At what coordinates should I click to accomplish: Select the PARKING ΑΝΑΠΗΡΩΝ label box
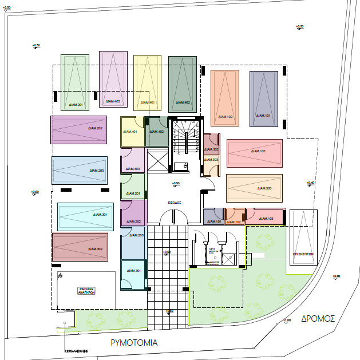tap(86, 290)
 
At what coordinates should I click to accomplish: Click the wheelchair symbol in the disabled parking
tap(60, 275)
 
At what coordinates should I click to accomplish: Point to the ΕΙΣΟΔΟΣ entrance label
tap(175, 202)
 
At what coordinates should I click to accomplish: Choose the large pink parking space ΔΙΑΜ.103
tap(254, 153)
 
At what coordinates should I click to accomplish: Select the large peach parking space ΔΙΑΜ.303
tap(254, 188)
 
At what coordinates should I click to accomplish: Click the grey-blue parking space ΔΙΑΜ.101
tap(263, 98)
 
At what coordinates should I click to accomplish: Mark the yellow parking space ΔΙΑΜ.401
tap(148, 83)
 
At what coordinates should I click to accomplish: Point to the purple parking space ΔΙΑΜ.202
tap(78, 129)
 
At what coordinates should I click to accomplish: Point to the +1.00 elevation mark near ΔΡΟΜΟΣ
tap(287, 321)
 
